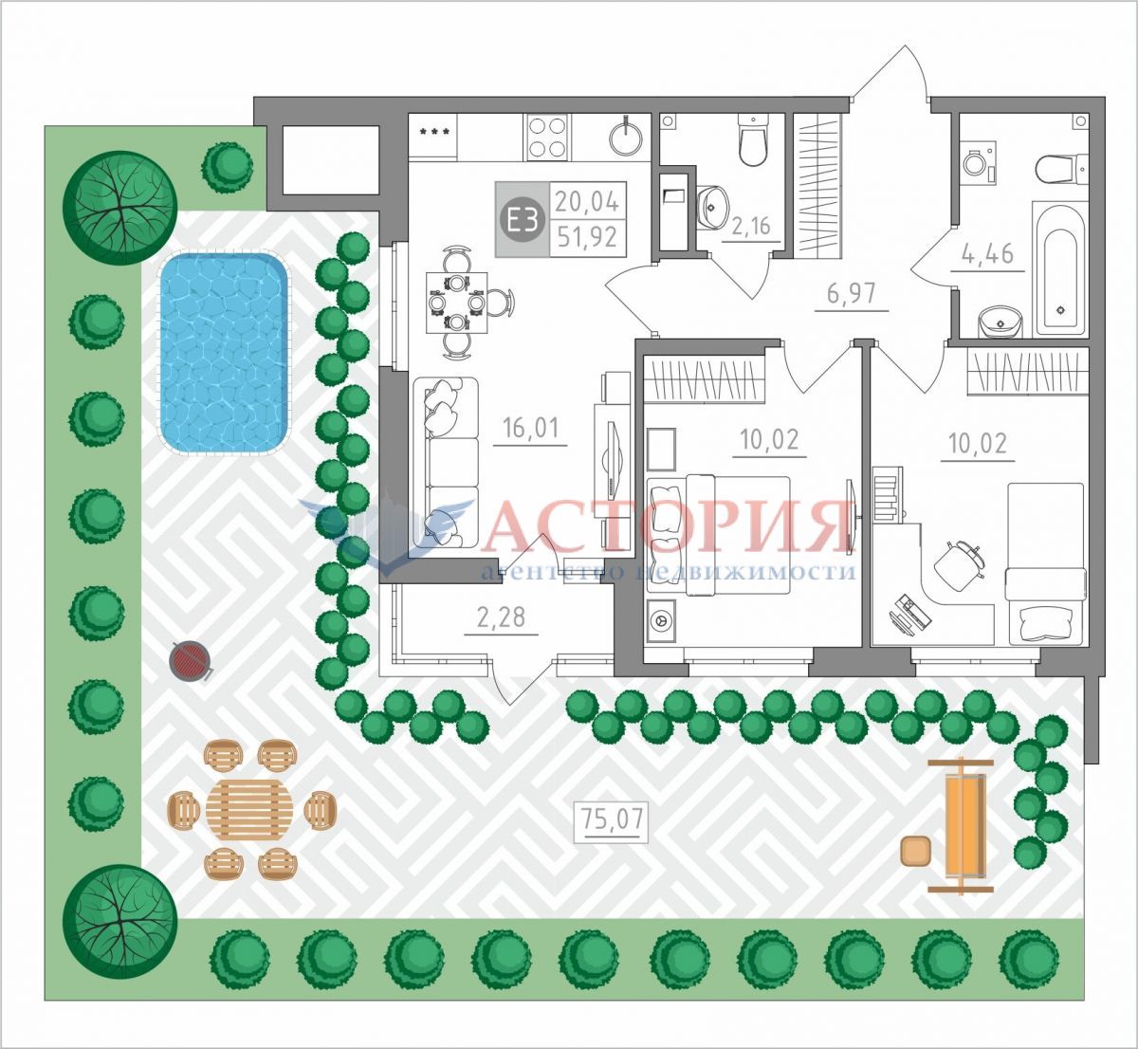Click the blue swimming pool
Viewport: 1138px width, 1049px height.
(x=224, y=354)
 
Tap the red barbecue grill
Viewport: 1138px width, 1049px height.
(x=191, y=660)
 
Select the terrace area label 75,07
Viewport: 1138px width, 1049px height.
(x=612, y=819)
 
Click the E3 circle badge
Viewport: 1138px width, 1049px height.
(x=522, y=220)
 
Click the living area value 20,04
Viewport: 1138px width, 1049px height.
(x=587, y=201)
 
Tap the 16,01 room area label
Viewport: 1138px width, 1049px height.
(x=531, y=428)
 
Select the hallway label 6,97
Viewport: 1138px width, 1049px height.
(x=853, y=293)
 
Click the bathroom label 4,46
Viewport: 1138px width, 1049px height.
(x=987, y=254)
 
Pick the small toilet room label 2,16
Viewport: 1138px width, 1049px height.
(x=751, y=226)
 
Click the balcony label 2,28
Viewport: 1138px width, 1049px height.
(x=501, y=617)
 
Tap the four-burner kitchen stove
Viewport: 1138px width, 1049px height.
(x=547, y=137)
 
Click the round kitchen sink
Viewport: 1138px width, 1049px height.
(x=626, y=138)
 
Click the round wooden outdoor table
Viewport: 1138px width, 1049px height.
(x=249, y=809)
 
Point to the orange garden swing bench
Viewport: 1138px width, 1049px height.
(x=961, y=825)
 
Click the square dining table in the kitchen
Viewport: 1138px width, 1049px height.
(x=457, y=303)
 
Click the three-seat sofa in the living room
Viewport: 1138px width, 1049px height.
(x=447, y=463)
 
